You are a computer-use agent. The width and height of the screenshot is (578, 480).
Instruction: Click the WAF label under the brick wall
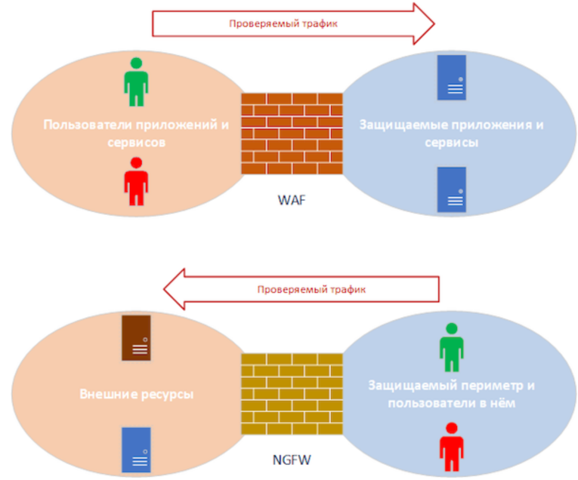[290, 202]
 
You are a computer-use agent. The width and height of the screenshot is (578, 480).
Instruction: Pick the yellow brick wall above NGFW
[292, 392]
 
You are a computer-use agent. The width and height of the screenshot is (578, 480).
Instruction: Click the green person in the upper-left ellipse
[137, 82]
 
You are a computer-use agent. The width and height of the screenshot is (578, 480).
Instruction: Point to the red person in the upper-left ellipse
[137, 182]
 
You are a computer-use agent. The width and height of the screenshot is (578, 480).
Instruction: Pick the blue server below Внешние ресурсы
[137, 450]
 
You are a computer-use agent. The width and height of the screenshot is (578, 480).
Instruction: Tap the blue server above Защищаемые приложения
[452, 78]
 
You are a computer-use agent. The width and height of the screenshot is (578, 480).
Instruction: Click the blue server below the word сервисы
[452, 189]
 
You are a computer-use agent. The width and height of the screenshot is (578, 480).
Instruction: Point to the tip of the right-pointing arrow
[434, 23]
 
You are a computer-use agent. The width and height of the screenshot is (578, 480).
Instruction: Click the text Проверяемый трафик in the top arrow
[283, 23]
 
